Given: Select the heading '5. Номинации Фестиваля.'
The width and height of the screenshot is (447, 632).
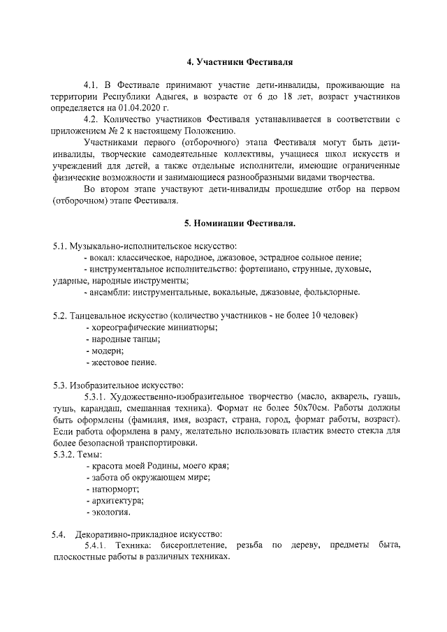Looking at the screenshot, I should point(240,223).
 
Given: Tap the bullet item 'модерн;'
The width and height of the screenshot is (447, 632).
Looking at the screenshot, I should point(105,350).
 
